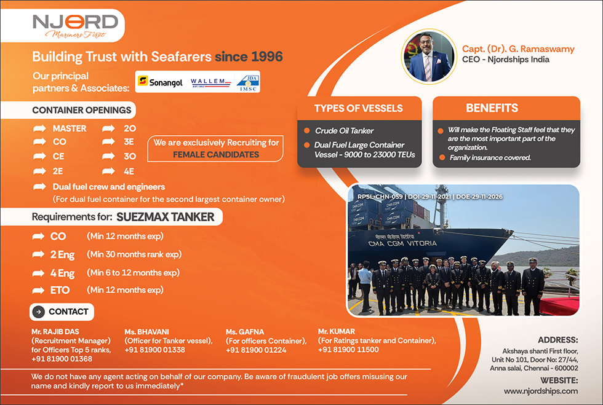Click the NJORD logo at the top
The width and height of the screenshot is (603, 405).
point(75,26)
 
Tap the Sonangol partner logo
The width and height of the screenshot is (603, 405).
point(161,82)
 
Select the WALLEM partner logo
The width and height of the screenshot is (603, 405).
point(210,82)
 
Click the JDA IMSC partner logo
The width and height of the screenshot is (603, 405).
point(248,82)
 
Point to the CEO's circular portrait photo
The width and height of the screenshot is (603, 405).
point(429,57)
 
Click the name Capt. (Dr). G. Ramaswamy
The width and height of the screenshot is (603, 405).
point(518,49)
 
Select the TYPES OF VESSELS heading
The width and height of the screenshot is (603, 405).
point(358,108)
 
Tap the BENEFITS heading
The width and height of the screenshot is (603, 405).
point(492,108)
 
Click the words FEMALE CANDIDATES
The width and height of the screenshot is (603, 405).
point(216,154)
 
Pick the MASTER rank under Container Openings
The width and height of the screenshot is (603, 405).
point(70,128)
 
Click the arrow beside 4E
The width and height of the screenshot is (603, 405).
point(108,171)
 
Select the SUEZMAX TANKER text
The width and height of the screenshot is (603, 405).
point(166,217)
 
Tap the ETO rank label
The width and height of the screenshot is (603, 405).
point(60,290)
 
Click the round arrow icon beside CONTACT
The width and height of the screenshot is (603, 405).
point(38,312)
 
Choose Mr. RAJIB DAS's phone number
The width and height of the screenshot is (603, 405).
point(62,359)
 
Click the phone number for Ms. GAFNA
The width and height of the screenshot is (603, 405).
point(256,350)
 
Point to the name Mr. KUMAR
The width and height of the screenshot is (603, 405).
point(337,331)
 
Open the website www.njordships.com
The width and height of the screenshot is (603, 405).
point(541,391)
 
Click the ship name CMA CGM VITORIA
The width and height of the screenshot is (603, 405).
point(402,243)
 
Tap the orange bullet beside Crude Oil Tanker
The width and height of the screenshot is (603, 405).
point(307,131)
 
